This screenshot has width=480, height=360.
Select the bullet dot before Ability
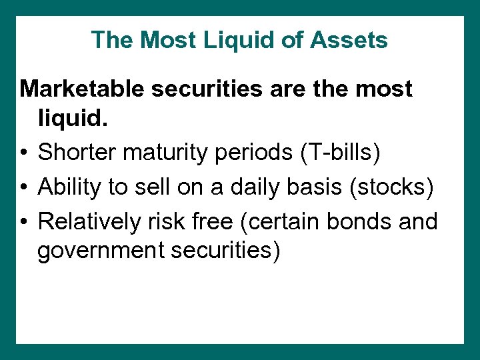tap(25, 187)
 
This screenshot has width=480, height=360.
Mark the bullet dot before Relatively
tap(25, 221)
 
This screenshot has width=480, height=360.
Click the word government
tap(93, 253)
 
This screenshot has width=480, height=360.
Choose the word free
tap(211, 220)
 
